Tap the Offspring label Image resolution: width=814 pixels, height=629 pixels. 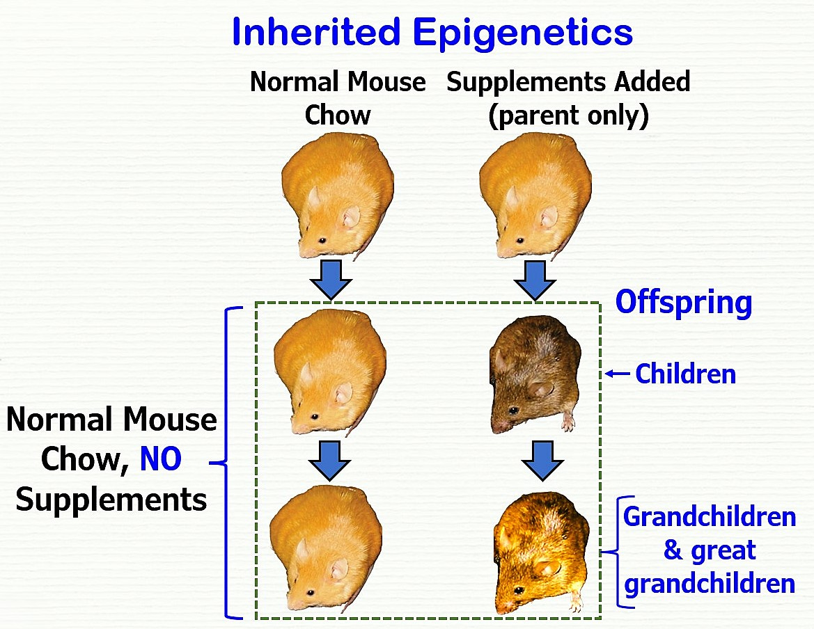[x=683, y=303]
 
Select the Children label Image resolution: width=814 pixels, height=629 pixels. [x=685, y=374]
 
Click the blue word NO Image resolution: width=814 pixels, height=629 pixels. [x=161, y=460]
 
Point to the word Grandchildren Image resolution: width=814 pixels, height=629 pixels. [x=709, y=517]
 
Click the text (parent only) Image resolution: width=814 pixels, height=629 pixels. [x=568, y=116]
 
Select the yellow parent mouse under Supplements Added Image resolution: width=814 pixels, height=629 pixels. [x=535, y=202]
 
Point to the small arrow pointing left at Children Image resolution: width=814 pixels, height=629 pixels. [x=617, y=374]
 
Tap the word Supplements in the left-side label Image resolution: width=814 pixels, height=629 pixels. [x=111, y=500]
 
